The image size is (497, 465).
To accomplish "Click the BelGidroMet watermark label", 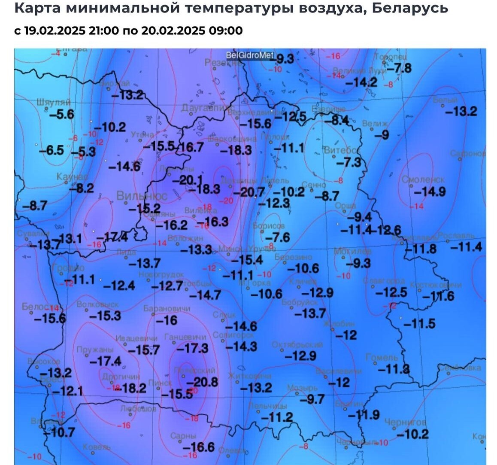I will [x=250, y=55].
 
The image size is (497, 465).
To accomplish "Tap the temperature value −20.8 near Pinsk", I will [x=203, y=382].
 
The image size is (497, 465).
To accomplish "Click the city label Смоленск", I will [x=423, y=179].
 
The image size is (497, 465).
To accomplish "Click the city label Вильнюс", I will [x=136, y=196].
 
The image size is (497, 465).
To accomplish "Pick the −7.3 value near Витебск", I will [x=349, y=163].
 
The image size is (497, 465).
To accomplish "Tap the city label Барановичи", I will [x=167, y=308].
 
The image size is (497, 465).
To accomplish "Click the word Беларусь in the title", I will [x=410, y=7].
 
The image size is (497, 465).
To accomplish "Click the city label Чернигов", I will [x=406, y=422].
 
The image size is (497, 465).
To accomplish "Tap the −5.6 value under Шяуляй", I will [x=61, y=115].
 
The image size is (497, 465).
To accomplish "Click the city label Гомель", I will [x=382, y=357].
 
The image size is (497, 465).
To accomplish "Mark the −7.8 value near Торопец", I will [x=399, y=68].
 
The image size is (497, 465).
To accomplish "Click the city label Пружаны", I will [x=95, y=350].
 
